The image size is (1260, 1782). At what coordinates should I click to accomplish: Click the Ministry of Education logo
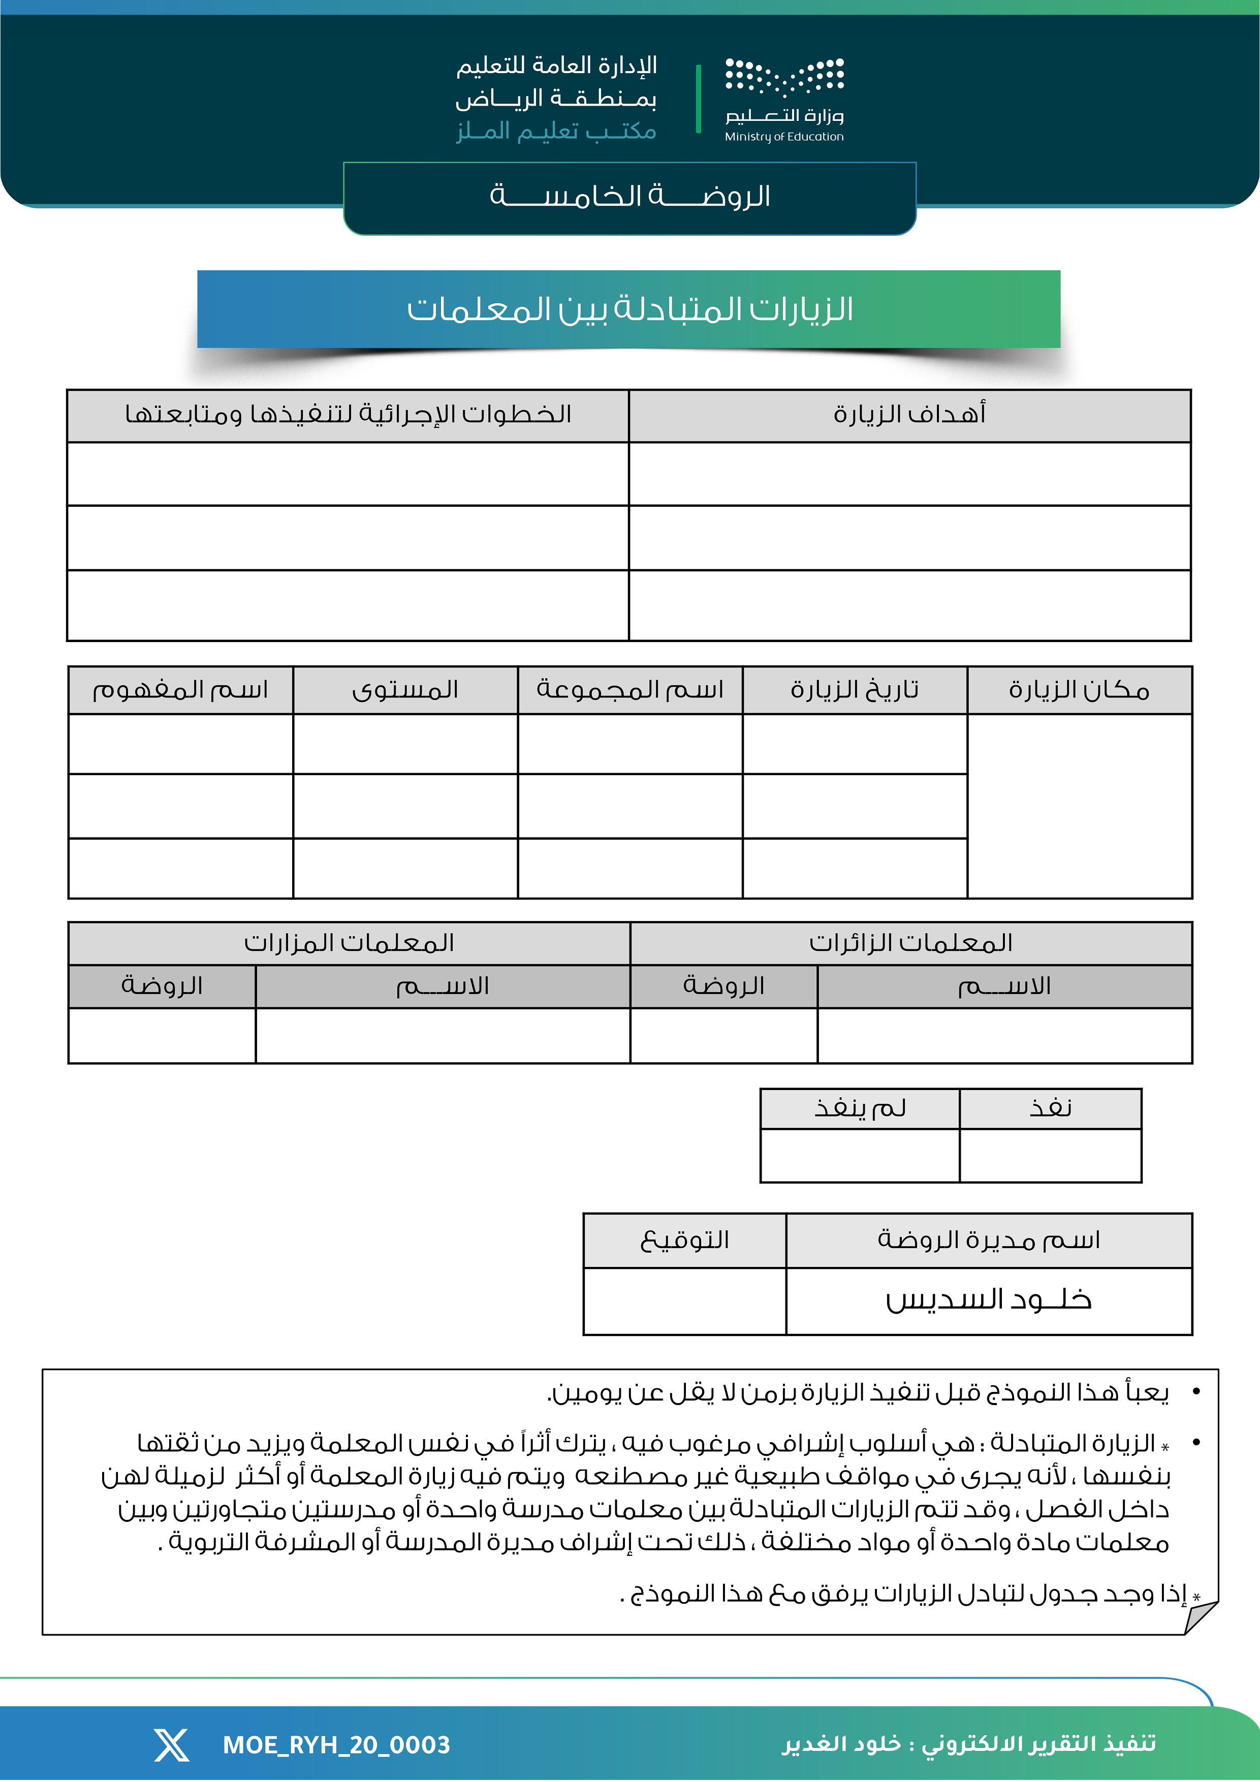click(784, 100)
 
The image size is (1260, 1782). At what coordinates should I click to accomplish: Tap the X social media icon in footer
click(172, 1745)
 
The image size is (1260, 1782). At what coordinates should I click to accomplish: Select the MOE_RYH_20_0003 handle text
click(336, 1745)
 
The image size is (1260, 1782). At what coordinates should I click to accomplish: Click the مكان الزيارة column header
click(1079, 689)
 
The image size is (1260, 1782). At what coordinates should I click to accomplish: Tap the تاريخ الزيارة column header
click(855, 689)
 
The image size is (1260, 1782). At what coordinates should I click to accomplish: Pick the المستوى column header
click(405, 689)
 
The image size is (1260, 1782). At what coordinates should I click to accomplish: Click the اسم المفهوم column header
click(180, 689)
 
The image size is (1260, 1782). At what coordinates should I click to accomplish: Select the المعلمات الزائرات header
click(910, 943)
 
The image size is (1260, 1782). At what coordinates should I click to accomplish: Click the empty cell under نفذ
click(1050, 1156)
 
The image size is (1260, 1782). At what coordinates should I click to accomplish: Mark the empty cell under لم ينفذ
click(860, 1156)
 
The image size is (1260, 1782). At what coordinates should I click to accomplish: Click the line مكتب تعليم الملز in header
click(556, 131)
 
